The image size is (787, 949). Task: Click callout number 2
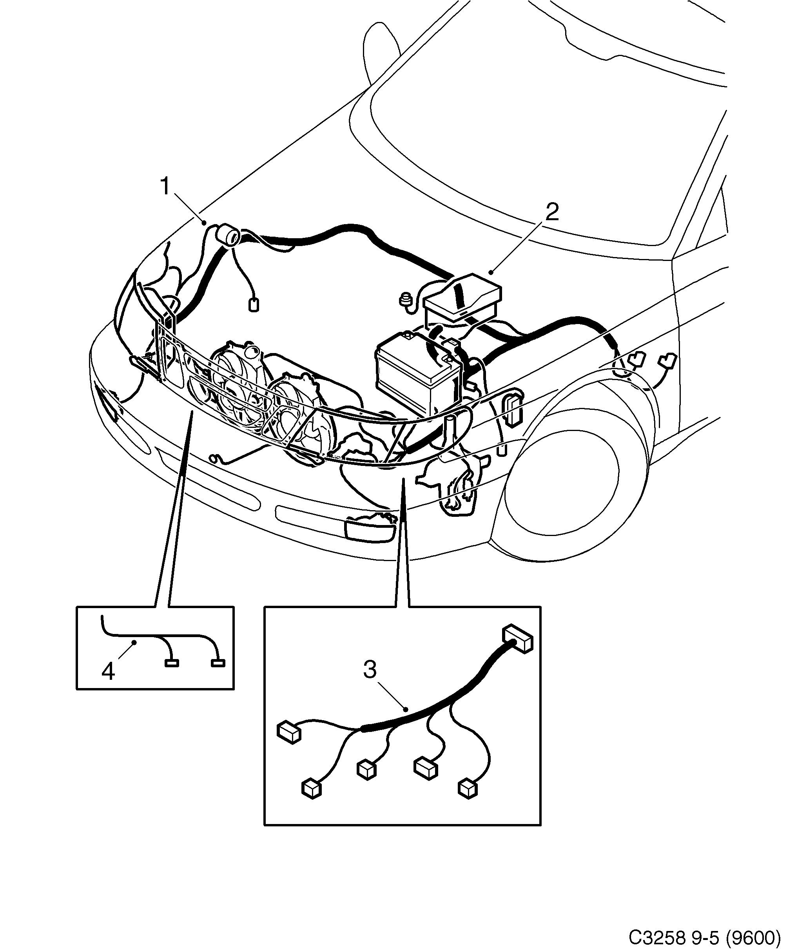click(x=552, y=212)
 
